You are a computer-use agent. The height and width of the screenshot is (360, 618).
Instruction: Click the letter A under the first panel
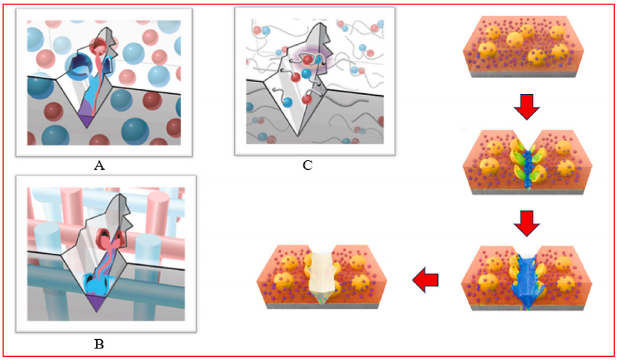(99, 166)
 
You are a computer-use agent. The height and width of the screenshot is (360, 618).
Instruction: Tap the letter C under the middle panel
(307, 165)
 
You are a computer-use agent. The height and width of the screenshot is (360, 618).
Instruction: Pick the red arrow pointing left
(425, 280)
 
